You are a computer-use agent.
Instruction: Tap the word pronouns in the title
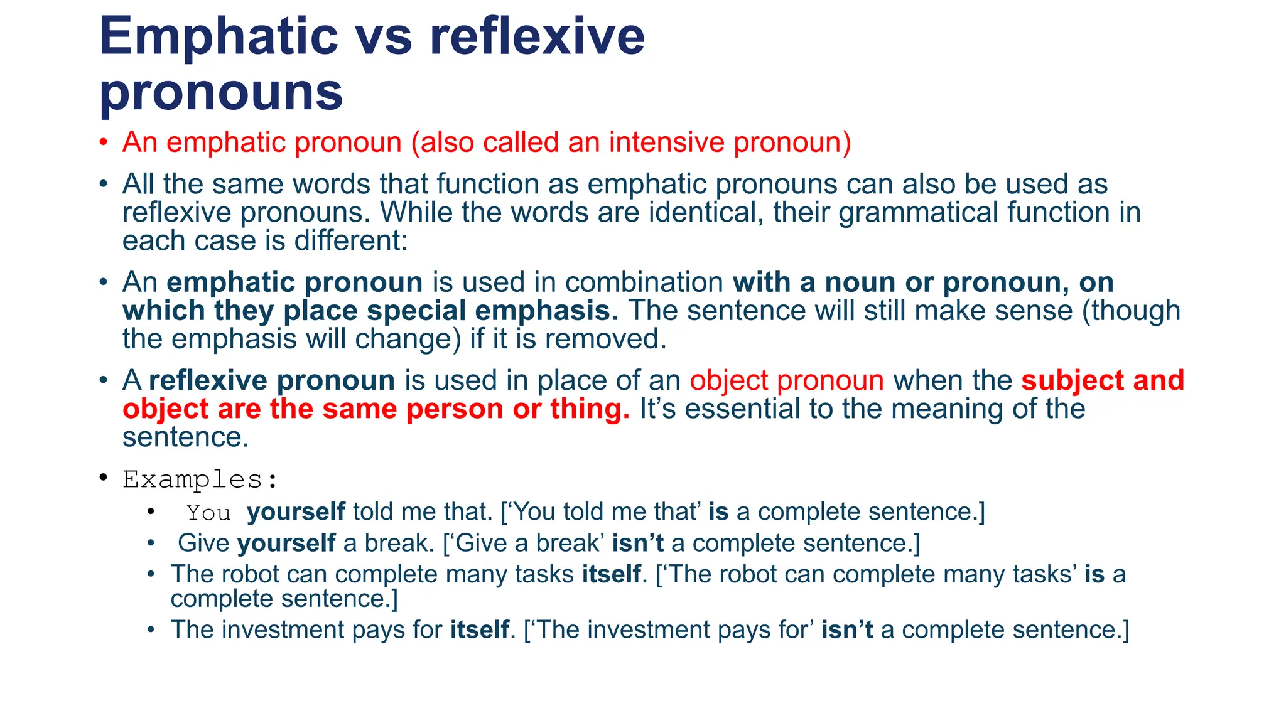(221, 92)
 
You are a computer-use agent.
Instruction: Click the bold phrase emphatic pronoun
(294, 282)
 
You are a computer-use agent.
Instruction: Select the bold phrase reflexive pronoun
(272, 381)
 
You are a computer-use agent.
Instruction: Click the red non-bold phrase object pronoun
(787, 381)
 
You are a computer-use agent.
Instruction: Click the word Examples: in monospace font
(200, 479)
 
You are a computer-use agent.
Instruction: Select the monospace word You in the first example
(208, 513)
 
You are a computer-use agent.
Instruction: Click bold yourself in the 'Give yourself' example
(286, 543)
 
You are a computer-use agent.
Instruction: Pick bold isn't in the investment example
(846, 629)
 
